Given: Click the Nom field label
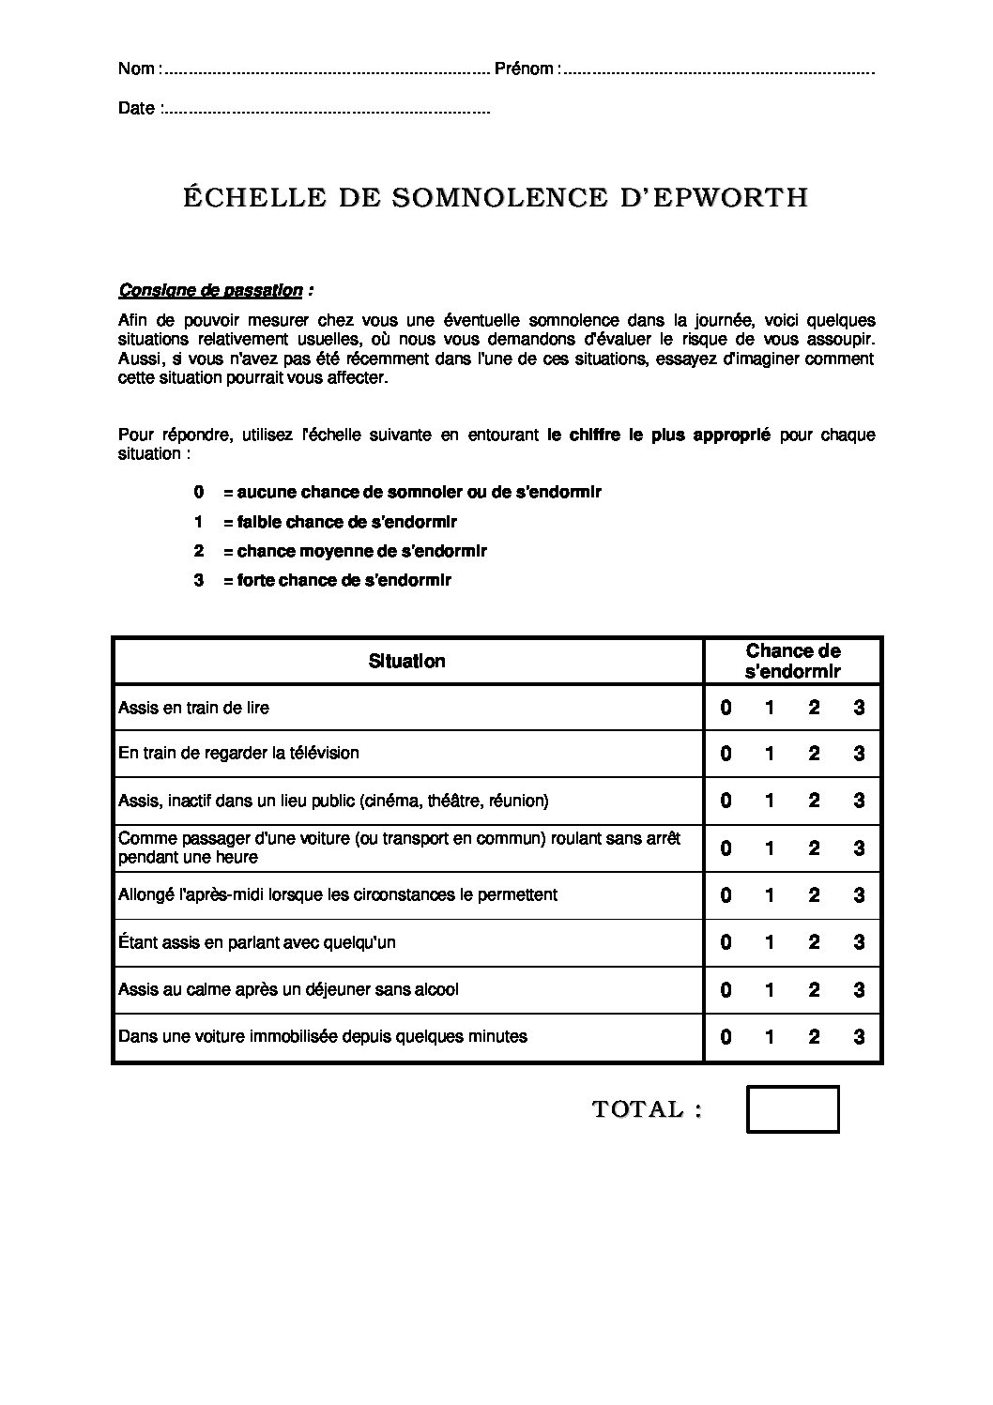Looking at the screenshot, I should coord(137,69).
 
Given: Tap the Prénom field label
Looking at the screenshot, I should coord(526,69).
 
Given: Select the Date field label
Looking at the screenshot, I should coord(136,108).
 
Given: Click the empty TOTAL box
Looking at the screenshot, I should coord(792,1109).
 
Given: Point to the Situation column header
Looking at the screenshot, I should coord(407,661).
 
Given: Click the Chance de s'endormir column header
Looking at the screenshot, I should coord(793,661).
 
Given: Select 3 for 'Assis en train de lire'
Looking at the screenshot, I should coord(859,708).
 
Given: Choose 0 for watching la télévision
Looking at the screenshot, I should coord(726,754).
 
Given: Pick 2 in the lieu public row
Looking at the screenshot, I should coord(814,801).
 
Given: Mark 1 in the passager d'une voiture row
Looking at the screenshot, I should coord(770,848).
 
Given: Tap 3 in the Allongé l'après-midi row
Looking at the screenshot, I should coord(859,895).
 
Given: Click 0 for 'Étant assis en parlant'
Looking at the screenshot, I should coord(726,942).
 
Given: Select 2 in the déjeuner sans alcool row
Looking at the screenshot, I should coord(814,990).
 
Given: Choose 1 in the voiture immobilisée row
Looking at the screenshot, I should coord(770,1037).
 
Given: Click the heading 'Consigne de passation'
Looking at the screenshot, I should coord(211,290).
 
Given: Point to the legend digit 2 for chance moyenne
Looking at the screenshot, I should coord(199,551).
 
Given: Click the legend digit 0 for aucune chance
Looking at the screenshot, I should coord(199,492).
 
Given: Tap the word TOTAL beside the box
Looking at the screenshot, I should coord(638,1109).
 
